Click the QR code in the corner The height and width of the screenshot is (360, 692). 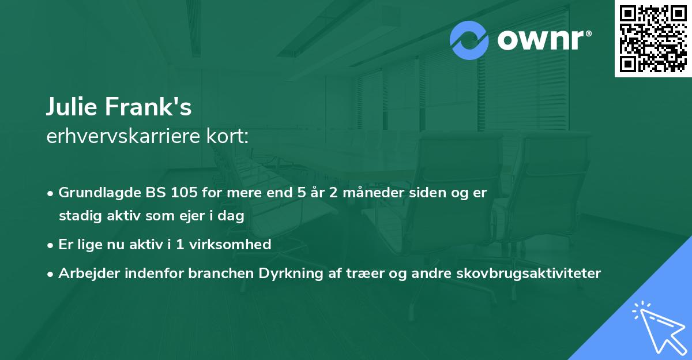(653, 39)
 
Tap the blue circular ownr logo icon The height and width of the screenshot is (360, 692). (470, 40)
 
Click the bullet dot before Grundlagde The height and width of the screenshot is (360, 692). (52, 193)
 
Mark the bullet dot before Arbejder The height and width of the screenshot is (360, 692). (52, 273)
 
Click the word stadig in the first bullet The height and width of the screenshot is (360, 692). (76, 216)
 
